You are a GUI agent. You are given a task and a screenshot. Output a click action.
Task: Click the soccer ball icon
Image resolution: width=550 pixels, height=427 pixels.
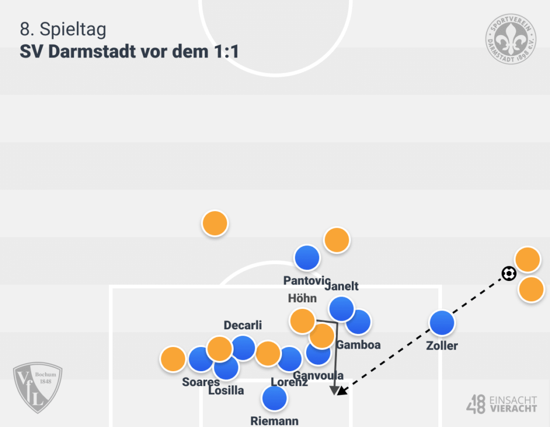(x=509, y=274)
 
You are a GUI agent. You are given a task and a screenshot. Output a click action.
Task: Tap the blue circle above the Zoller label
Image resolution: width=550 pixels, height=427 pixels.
(x=442, y=323)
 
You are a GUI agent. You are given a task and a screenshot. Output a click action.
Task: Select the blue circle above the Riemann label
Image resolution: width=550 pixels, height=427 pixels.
(x=274, y=399)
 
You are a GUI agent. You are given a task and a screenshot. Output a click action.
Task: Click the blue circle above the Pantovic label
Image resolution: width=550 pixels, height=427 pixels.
(x=307, y=257)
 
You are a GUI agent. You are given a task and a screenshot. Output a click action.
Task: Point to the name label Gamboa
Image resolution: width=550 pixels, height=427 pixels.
(x=358, y=345)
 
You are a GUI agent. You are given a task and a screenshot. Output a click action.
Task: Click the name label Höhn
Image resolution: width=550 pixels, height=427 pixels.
(x=302, y=298)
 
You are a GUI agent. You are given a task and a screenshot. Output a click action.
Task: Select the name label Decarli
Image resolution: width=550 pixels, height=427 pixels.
(x=243, y=325)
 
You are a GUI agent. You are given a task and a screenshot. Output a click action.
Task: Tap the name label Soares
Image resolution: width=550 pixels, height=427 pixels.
(x=200, y=382)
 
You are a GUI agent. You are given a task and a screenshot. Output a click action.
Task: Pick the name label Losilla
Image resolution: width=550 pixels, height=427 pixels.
(x=226, y=390)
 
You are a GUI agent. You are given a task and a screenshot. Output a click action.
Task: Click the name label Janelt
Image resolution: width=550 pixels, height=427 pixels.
(x=342, y=286)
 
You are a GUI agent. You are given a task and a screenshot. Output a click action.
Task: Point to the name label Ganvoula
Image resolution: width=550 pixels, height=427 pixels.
(x=319, y=375)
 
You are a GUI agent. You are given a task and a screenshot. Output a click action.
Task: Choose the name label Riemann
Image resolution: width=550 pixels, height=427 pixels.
(x=274, y=421)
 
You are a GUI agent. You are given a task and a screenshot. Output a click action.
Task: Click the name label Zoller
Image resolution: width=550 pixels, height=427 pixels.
(x=442, y=346)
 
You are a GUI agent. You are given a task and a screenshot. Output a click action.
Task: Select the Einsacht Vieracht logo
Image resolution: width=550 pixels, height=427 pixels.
(x=502, y=404)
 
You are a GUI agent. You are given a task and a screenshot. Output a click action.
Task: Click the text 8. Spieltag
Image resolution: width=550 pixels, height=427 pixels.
(x=63, y=30)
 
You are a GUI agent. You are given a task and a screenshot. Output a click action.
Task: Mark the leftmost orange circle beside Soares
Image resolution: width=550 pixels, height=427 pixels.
(x=173, y=359)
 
